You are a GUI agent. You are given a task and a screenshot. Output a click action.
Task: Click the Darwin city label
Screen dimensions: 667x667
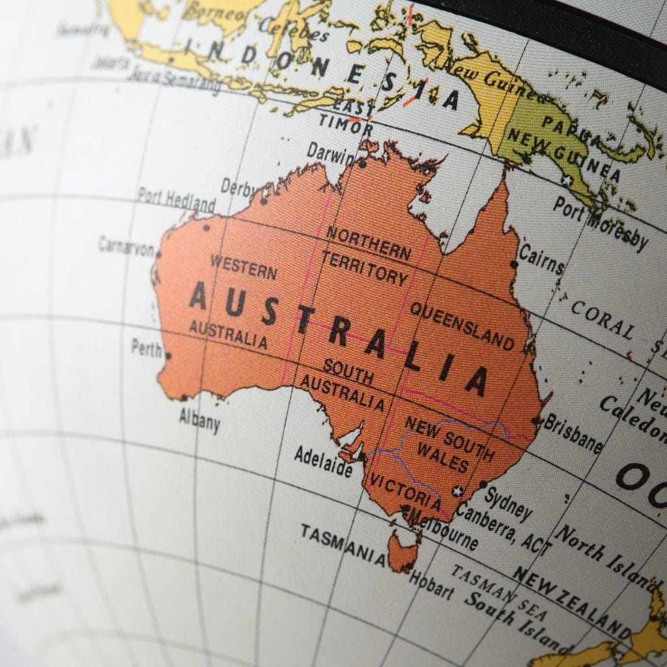pos(331,153)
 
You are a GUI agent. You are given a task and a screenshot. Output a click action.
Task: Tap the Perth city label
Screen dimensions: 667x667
pos(147,348)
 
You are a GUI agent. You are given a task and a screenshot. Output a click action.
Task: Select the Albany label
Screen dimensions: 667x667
pos(200,420)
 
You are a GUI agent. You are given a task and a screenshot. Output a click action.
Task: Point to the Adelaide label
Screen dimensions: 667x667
pos(323,460)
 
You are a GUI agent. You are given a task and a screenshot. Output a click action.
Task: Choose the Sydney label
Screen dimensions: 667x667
pos(508,502)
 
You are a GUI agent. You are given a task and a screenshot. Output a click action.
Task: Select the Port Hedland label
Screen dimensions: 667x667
pos(177,199)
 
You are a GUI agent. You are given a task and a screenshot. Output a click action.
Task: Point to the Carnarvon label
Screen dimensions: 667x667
pos(126,246)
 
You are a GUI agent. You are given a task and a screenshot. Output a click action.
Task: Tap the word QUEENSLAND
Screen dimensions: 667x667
pos(461,325)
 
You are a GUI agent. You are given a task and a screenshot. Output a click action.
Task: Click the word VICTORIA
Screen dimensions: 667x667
pos(406,490)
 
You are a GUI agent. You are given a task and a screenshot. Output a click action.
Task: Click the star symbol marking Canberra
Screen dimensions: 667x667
pos(458,490)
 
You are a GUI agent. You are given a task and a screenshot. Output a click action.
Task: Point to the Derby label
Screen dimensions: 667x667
pos(238,188)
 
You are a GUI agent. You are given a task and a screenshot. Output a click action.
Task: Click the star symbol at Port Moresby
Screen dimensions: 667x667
pos(567,180)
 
